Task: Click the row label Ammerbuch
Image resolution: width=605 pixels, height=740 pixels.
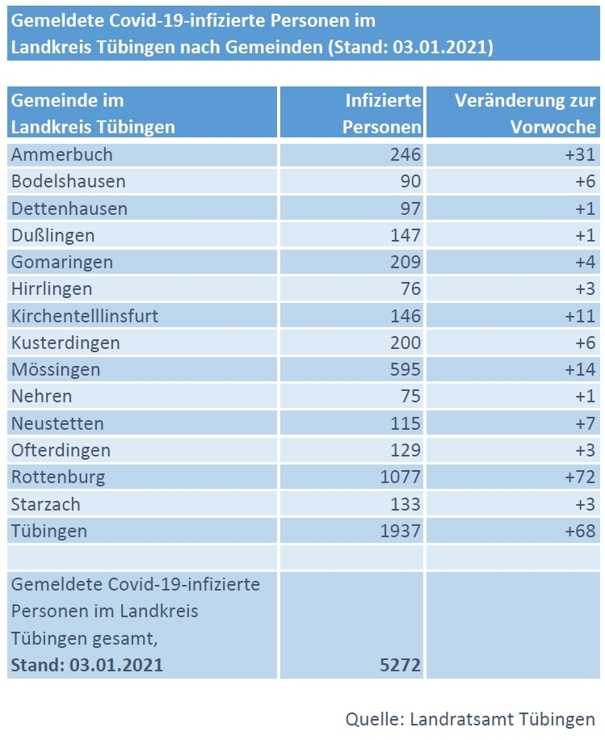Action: tap(62, 154)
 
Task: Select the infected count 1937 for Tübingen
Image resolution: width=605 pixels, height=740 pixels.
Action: tap(400, 531)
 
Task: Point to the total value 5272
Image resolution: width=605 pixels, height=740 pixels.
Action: tap(400, 666)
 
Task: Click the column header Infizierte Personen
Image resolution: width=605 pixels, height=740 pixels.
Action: tap(382, 114)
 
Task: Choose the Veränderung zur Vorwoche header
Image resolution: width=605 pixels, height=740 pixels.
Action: tap(525, 114)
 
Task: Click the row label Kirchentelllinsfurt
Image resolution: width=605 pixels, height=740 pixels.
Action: tap(85, 316)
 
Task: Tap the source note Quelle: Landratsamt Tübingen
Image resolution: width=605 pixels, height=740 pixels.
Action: tap(470, 718)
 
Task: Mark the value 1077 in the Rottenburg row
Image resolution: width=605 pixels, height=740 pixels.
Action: tap(400, 477)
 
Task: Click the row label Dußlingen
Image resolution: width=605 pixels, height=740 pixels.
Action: tap(53, 235)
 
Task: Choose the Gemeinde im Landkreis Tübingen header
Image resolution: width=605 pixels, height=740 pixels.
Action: tap(93, 114)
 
